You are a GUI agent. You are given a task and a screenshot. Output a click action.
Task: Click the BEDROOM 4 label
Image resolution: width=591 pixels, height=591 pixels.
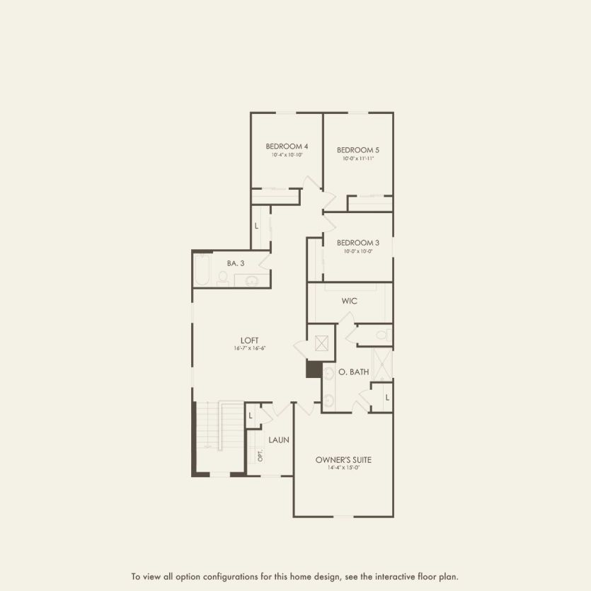click(x=286, y=147)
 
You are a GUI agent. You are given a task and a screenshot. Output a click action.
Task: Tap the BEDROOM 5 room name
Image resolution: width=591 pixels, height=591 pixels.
click(x=357, y=150)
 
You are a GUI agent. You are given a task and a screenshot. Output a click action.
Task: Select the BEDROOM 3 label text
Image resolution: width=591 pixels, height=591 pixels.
click(x=357, y=243)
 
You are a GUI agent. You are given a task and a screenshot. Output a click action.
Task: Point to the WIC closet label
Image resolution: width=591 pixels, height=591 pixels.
click(x=350, y=301)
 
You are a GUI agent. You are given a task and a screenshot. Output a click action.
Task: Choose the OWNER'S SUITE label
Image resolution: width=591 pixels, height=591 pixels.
click(x=343, y=460)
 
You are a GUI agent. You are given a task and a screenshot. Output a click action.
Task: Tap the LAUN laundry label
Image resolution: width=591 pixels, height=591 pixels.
click(x=279, y=440)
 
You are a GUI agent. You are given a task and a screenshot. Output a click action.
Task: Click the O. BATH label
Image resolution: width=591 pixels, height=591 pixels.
click(x=354, y=372)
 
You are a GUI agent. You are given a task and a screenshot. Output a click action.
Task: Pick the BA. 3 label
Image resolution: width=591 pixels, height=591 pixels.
click(x=236, y=263)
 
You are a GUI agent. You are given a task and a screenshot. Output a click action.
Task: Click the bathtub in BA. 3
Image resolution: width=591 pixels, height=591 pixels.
click(x=202, y=271)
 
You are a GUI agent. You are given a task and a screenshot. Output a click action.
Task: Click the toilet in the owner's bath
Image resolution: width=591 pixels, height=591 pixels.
click(x=383, y=334)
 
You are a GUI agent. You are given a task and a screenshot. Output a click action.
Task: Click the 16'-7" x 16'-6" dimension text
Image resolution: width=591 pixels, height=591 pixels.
click(x=249, y=348)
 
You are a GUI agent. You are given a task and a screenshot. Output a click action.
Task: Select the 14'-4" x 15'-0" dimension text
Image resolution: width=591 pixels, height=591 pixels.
click(x=343, y=468)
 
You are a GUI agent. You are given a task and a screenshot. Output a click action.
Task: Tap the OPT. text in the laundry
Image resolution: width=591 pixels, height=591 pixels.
click(x=260, y=455)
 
